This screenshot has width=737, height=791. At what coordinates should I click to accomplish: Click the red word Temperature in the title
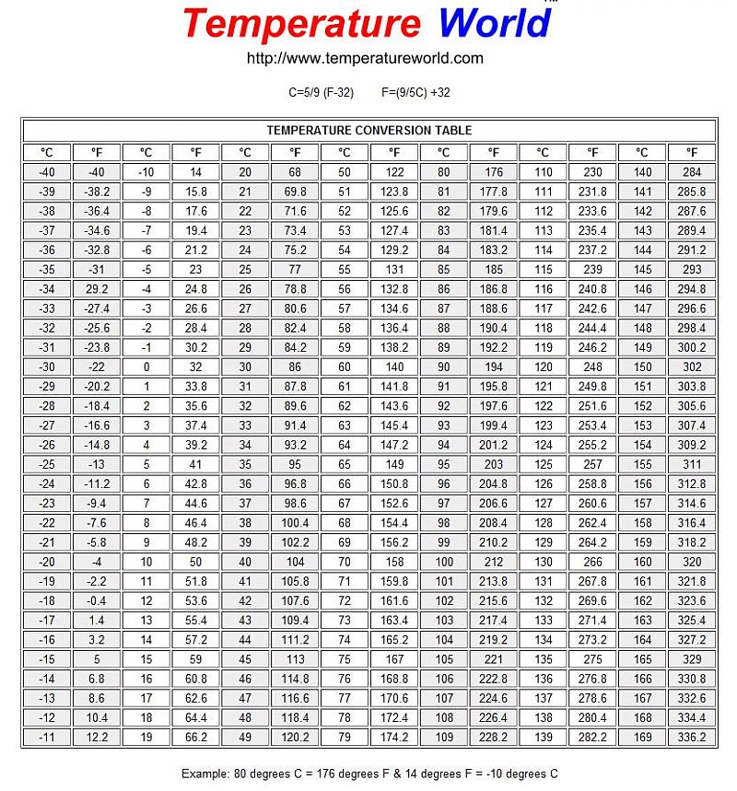(300, 23)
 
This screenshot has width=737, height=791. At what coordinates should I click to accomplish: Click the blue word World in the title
(494, 23)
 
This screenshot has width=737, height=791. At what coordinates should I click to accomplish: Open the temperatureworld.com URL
(365, 58)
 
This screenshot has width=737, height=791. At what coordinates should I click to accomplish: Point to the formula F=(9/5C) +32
(415, 93)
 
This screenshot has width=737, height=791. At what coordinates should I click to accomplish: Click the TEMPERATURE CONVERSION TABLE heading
(368, 131)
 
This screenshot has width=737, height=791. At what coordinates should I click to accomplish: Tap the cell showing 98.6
(295, 504)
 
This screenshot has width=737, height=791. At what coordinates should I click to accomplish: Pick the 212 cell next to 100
(494, 562)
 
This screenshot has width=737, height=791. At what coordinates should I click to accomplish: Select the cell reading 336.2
(691, 738)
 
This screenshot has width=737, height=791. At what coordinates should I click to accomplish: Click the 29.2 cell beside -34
(97, 289)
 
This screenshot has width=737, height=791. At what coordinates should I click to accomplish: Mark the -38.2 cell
(97, 192)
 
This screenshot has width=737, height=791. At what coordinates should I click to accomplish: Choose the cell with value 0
(146, 366)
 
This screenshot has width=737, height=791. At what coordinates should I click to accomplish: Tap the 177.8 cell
(494, 192)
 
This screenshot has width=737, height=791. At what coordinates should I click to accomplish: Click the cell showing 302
(691, 366)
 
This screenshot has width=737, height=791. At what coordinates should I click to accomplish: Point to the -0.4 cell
(97, 601)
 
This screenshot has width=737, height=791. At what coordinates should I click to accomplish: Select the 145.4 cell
(394, 425)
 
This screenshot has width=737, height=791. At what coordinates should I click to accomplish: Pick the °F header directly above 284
(691, 153)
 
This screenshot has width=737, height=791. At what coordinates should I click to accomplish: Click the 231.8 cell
(592, 192)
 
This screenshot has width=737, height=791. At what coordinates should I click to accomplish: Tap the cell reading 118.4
(295, 718)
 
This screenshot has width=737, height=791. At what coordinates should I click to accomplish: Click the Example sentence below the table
(368, 774)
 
